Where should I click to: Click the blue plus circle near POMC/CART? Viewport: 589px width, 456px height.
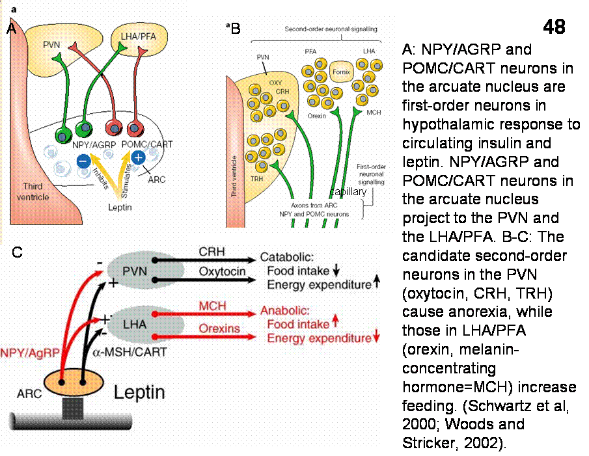tap(137, 157)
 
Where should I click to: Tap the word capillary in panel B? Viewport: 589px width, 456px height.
tap(348, 193)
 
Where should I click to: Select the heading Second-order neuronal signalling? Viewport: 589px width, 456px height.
tap(331, 29)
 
